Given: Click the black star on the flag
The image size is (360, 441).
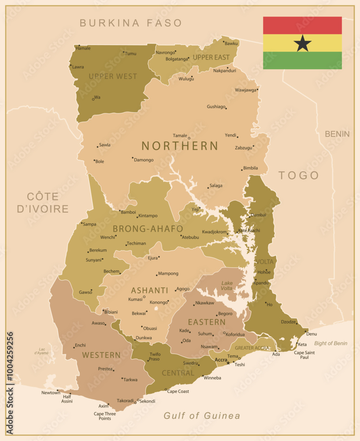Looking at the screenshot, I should pyautogui.click(x=303, y=43).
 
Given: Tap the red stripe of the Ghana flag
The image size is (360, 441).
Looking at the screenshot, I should pyautogui.click(x=302, y=25).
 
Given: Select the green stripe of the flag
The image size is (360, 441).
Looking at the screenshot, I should pyautogui.click(x=302, y=60).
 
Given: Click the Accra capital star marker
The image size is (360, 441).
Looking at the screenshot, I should pyautogui.click(x=228, y=363).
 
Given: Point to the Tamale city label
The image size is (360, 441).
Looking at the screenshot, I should pyautogui.click(x=180, y=136).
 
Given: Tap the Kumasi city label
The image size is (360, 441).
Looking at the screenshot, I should pyautogui.click(x=135, y=299).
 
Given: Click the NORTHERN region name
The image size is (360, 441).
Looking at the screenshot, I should pyautogui.click(x=180, y=146).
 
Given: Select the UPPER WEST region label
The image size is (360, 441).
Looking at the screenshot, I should pyautogui.click(x=113, y=76).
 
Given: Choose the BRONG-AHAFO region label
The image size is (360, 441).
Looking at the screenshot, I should pyautogui.click(x=148, y=229).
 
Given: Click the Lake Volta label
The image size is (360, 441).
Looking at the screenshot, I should pyautogui.click(x=227, y=286).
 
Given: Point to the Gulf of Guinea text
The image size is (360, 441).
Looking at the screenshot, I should pyautogui.click(x=202, y=415).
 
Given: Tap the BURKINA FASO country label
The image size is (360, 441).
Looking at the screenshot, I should pyautogui.click(x=131, y=23).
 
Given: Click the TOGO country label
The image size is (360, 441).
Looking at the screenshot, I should pyautogui.click(x=299, y=176).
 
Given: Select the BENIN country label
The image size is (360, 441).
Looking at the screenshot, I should pyautogui.click(x=337, y=134).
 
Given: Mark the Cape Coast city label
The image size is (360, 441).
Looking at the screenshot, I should pyautogui.click(x=178, y=392).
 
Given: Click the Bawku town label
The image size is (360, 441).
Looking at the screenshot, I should pyautogui.click(x=231, y=44).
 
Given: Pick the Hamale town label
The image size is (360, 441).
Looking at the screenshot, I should pyautogui.click(x=83, y=48).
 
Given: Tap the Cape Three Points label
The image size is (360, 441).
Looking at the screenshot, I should pyautogui.click(x=105, y=416).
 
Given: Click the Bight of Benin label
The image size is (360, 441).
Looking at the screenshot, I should pyautogui.click(x=330, y=344).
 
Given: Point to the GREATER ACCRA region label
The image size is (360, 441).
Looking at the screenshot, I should pyautogui.click(x=252, y=348).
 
